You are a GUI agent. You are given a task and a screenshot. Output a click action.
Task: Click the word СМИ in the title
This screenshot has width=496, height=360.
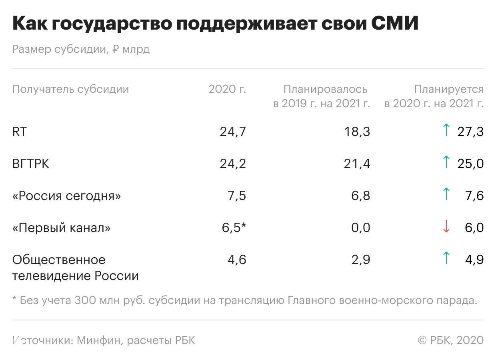395,24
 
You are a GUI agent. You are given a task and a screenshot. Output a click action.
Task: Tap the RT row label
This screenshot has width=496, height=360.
19,132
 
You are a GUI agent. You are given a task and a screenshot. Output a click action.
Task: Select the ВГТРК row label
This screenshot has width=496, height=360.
31,164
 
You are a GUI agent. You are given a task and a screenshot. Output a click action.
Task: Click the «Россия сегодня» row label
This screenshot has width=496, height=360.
66,196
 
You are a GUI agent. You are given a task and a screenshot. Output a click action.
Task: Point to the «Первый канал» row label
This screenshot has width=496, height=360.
61,228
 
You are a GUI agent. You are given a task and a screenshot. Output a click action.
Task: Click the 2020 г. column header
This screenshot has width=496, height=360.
227,89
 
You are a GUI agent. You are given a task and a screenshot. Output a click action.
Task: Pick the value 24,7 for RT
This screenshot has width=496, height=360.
233,132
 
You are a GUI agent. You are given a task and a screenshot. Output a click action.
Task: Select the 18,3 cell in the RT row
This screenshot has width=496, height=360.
357,132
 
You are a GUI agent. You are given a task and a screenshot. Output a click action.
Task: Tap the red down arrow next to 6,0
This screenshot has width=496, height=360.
446,227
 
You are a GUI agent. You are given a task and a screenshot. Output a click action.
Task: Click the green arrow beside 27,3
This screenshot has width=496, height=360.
446,130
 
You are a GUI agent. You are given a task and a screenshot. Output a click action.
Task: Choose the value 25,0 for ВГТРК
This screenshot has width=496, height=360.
470,164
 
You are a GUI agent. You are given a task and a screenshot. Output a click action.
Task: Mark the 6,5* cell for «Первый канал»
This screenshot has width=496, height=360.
234,228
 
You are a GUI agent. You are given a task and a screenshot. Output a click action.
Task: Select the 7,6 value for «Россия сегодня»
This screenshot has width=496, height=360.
474,196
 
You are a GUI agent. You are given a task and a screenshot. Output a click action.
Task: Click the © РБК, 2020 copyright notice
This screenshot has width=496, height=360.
450,340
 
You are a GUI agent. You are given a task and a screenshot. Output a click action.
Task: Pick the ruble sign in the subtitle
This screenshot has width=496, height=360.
116,49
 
